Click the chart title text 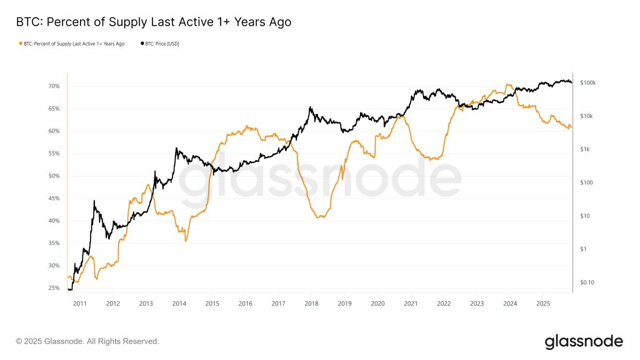point(153,22)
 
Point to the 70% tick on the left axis point(54,86)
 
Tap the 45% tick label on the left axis point(54,199)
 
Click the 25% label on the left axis point(54,288)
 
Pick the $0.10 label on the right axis point(587,282)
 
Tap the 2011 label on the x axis point(79,304)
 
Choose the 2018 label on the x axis point(311,304)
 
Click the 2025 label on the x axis point(542,304)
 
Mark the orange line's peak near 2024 point(507,84)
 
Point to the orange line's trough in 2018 point(319,217)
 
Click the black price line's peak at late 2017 point(310,107)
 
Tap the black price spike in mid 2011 point(94,201)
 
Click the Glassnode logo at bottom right point(583,341)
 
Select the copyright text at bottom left point(87,341)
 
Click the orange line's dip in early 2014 point(185,241)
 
